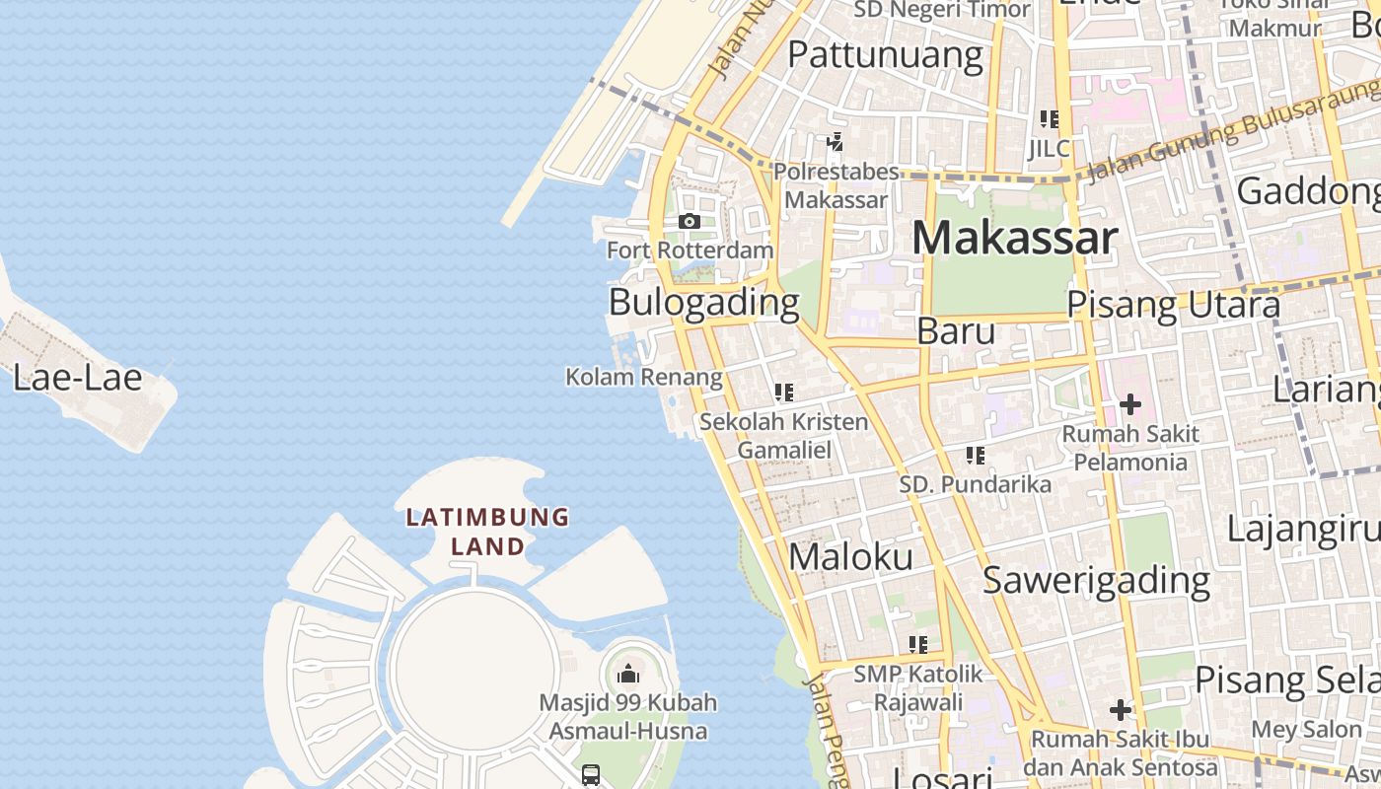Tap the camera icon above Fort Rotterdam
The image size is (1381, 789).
[690, 222]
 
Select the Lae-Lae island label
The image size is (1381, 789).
[78, 377]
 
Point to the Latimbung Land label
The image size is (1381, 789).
[488, 531]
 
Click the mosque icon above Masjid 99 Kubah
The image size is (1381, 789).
[628, 675]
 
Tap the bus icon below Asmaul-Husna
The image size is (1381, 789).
[591, 775]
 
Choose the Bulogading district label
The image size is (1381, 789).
[703, 302]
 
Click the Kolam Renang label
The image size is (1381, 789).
[643, 377]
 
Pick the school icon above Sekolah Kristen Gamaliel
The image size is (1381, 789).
[784, 393]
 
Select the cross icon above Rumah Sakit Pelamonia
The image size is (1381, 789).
[1130, 404]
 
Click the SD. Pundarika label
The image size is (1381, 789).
[975, 484]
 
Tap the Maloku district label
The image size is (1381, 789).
[850, 557]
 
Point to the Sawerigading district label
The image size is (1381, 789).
[1096, 580]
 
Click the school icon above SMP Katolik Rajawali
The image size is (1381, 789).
[918, 645]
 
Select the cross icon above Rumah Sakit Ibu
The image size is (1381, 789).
[1121, 710]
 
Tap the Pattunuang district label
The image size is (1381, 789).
[885, 55]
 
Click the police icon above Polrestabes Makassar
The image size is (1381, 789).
[836, 142]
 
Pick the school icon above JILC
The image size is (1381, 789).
[1049, 119]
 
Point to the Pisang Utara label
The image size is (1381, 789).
[1174, 306]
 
